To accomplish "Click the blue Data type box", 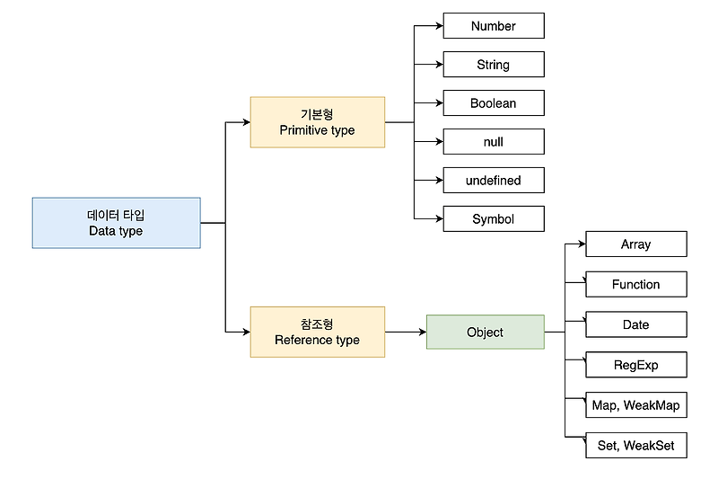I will (116, 223).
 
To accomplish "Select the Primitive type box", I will (317, 122).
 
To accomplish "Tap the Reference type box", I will (317, 332).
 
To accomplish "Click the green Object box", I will (485, 332).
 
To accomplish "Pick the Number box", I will (493, 26).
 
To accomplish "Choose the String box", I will (493, 65).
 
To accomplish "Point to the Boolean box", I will (493, 103).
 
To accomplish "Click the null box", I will (493, 142).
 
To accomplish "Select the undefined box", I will (493, 181).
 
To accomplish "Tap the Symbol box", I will (493, 219).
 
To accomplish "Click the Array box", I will (635, 244).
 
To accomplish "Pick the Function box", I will (635, 285).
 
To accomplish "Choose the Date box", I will (635, 324).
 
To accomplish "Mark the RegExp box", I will (635, 365).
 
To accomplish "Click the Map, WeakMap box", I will (635, 405).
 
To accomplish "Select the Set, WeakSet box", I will (635, 446).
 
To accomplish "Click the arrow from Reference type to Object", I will (406, 332).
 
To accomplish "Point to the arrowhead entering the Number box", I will (439, 26).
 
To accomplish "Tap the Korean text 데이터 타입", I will (116, 216).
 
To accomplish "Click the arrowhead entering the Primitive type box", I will (246, 122).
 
